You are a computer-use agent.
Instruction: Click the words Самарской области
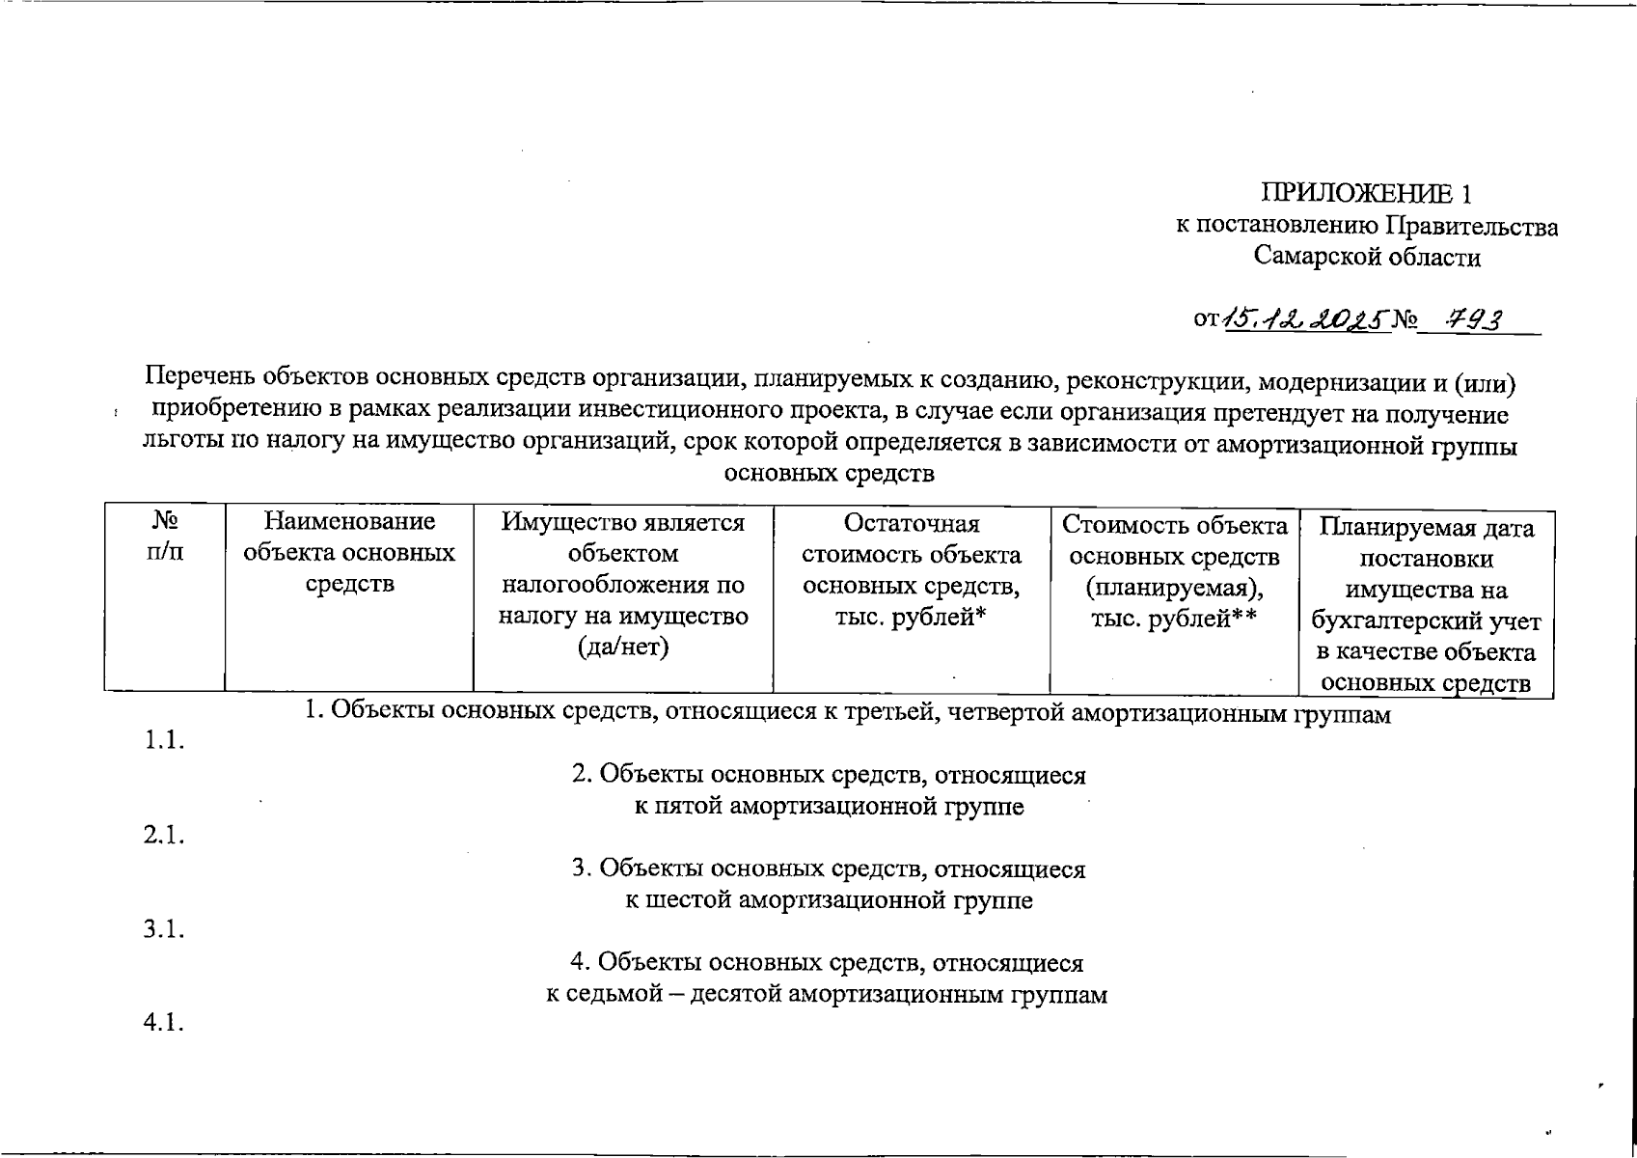click(1367, 257)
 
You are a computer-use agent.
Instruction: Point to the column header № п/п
click(165, 538)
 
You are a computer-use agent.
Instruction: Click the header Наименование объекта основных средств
click(349, 553)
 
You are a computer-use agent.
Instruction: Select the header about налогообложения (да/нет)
click(623, 585)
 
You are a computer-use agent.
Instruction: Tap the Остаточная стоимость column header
click(911, 569)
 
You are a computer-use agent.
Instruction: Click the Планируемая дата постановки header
click(1427, 605)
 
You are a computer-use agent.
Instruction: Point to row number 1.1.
click(164, 741)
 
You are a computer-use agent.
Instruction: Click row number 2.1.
click(164, 836)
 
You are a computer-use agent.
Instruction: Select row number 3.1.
click(164, 929)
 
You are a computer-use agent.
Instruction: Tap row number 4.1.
click(164, 1023)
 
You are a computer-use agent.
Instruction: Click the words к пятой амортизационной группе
click(829, 807)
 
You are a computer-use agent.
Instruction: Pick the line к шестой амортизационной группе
click(829, 900)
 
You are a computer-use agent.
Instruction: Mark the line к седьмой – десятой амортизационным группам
click(827, 994)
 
